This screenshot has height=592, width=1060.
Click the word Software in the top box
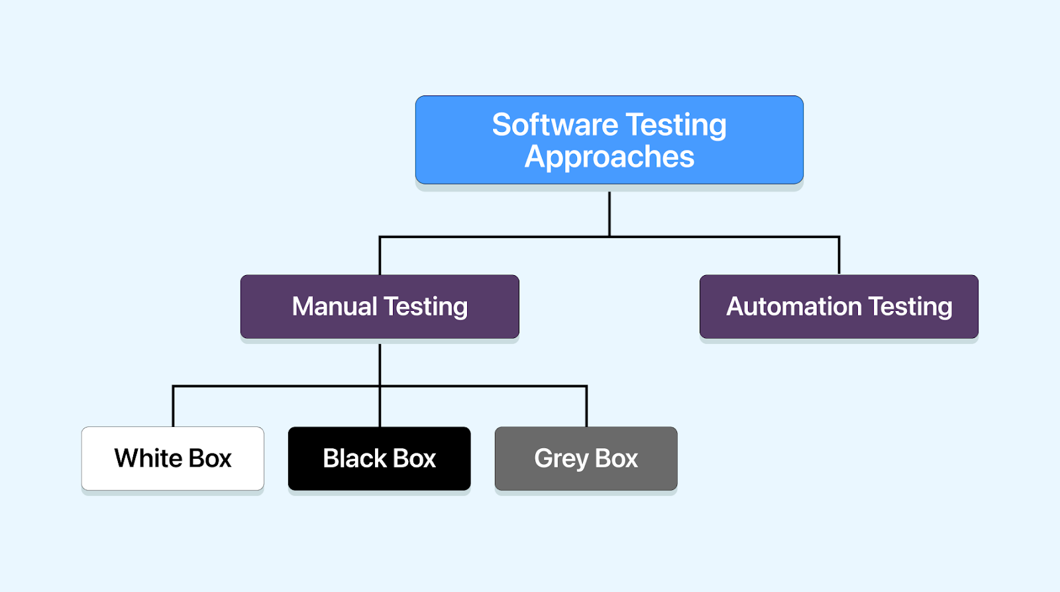pos(555,125)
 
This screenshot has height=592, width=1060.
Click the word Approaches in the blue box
pos(609,157)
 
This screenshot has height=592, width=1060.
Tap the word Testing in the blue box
pos(676,125)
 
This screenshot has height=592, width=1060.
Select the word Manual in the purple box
pos(335,306)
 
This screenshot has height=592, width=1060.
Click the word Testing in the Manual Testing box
pos(425,306)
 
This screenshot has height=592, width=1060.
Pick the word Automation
pos(794,306)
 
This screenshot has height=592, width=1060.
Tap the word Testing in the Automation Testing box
pos(910,306)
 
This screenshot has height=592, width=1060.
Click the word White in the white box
pos(148,458)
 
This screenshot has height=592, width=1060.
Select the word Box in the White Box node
pos(210,458)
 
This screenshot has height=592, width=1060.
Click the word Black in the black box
pos(354,458)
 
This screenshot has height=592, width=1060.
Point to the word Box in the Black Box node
pos(415,458)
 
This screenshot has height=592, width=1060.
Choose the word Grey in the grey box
pos(561,458)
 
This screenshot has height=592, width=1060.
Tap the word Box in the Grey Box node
pos(616,458)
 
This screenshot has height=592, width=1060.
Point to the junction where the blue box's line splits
pos(609,236)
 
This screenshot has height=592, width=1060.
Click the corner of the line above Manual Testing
pos(380,237)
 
